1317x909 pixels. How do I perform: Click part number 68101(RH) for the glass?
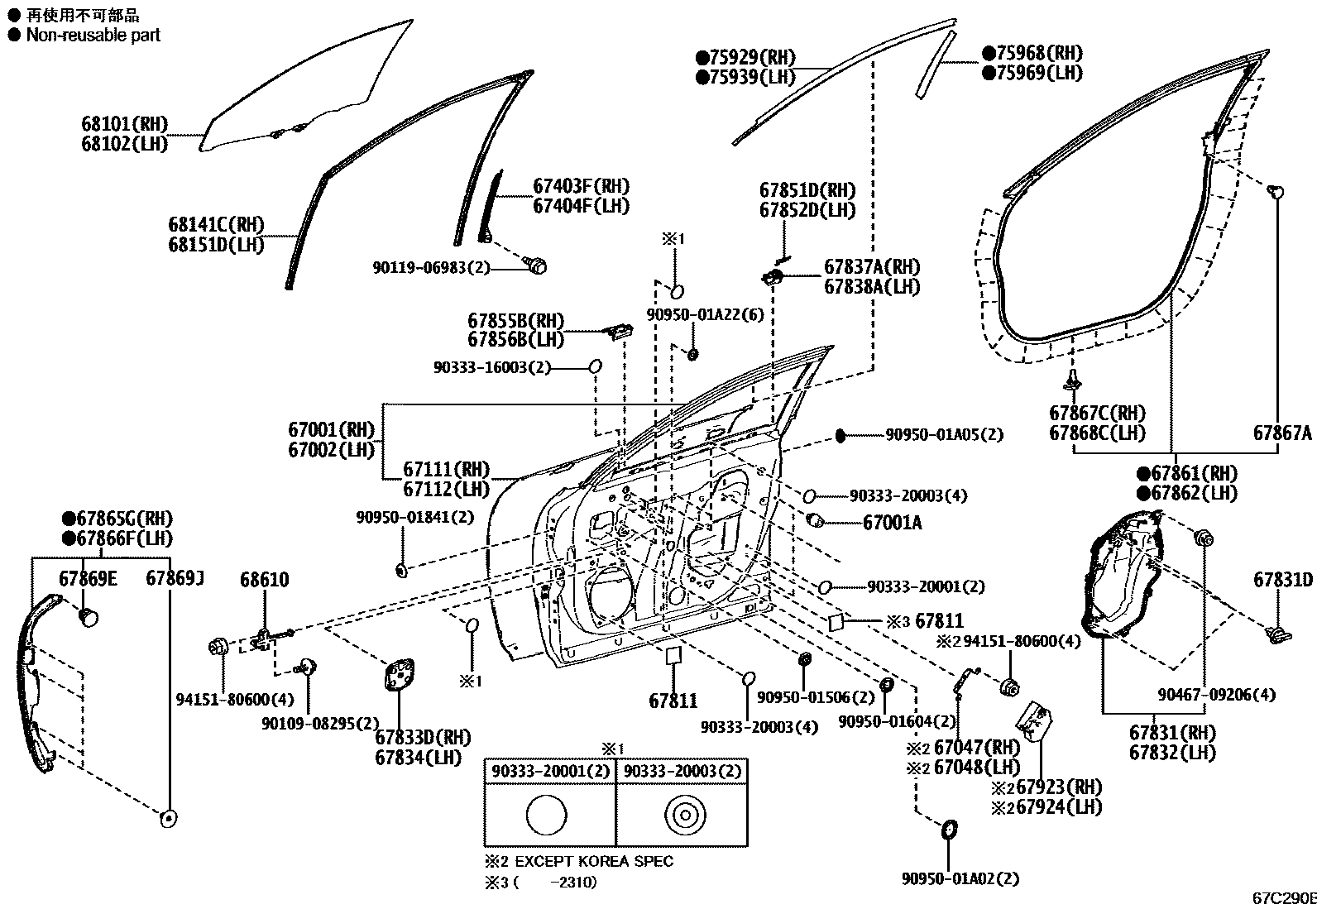click(124, 124)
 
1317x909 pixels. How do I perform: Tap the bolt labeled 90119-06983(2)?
click(537, 266)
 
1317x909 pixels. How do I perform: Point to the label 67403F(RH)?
click(581, 186)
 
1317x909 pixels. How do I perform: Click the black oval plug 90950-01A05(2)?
click(840, 435)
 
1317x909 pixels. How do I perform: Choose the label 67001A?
click(892, 523)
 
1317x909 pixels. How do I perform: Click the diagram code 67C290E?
click(1283, 897)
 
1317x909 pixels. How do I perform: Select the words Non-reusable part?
click(93, 35)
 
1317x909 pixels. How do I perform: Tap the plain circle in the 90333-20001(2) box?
click(546, 816)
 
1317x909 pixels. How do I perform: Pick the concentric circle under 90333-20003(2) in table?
click(683, 816)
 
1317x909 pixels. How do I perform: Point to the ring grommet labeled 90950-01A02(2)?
click(949, 830)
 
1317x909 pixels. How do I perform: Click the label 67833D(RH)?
click(422, 737)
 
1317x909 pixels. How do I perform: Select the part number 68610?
click(265, 580)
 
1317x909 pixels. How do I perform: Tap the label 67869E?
click(88, 578)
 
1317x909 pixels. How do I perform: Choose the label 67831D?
click(1282, 580)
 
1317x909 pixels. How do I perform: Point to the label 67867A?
click(1281, 433)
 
